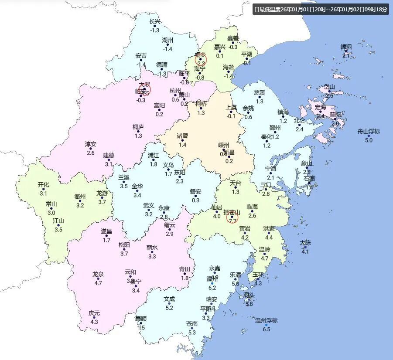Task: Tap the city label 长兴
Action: (x=155, y=21)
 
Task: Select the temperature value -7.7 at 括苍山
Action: (x=232, y=222)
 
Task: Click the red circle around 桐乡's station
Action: (x=201, y=59)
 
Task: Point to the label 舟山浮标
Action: (x=369, y=131)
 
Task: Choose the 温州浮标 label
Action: (x=266, y=320)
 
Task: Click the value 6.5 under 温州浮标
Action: (x=266, y=329)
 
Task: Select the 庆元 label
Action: (x=94, y=313)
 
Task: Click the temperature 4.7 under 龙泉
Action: (x=98, y=283)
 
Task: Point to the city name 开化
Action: (x=44, y=184)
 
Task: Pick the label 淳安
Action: (x=91, y=144)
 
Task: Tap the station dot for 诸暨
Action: (x=182, y=140)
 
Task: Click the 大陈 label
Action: (x=305, y=242)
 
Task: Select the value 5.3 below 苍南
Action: (x=192, y=333)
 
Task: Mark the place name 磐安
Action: (x=195, y=191)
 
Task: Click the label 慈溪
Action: (x=260, y=92)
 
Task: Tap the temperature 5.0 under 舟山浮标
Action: (x=369, y=140)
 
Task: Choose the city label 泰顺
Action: (x=141, y=319)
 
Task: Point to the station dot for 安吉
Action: (x=141, y=60)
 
